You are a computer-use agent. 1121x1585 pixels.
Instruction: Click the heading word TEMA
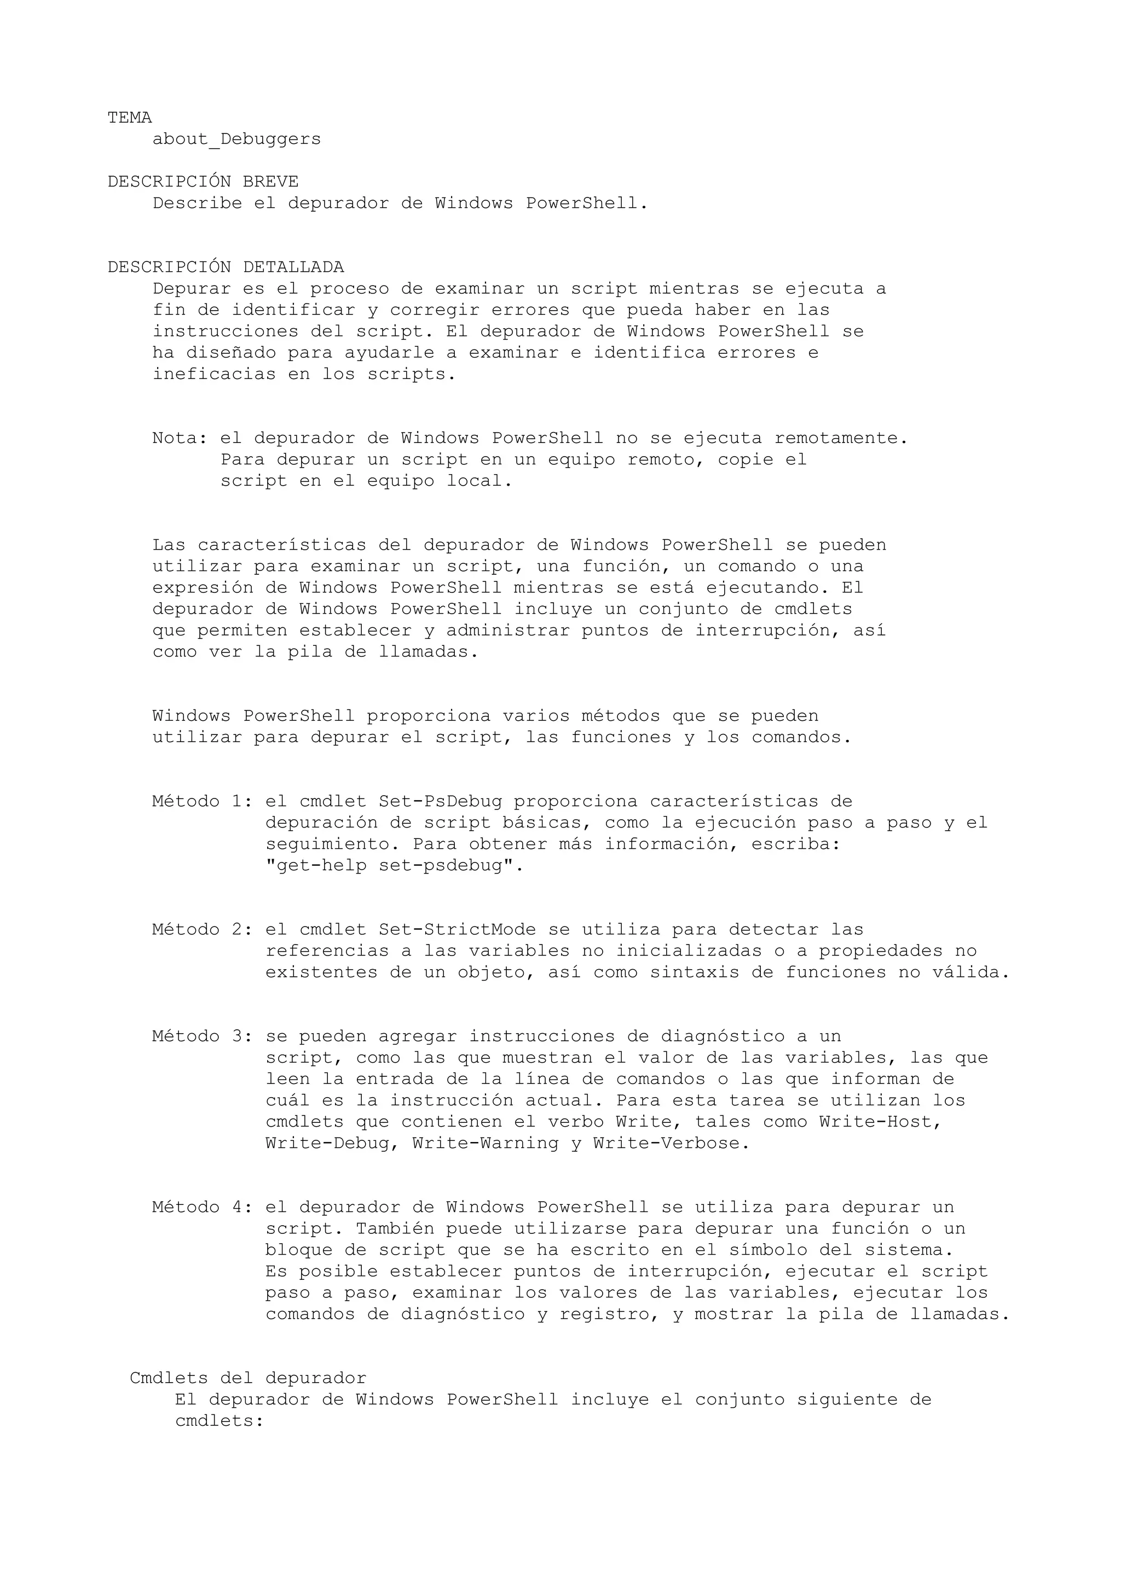tap(129, 118)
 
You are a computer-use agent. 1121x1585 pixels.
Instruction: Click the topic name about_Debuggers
tap(236, 139)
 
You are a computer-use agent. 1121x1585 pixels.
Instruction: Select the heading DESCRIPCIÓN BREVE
tap(203, 182)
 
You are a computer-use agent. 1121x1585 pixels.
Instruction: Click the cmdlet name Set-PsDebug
tap(440, 801)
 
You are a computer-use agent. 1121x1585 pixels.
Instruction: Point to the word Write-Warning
tap(485, 1143)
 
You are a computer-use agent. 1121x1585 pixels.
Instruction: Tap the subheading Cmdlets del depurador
tap(248, 1378)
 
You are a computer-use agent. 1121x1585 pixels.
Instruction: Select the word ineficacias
tap(214, 374)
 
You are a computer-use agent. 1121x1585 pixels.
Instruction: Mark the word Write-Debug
tap(327, 1143)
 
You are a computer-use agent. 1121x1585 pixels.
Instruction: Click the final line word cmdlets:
tap(219, 1421)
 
